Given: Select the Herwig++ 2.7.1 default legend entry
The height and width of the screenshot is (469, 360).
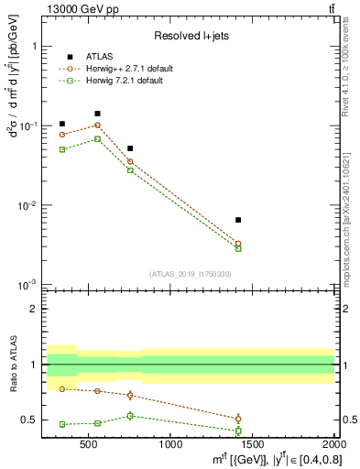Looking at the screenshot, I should (x=128, y=69).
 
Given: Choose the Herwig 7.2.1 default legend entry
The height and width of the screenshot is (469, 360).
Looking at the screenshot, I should (x=125, y=81).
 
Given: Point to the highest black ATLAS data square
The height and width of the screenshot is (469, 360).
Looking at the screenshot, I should (x=97, y=114).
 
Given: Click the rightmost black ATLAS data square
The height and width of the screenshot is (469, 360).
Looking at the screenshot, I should (x=238, y=220).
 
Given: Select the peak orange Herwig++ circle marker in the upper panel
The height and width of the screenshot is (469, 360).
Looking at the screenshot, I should (x=97, y=125).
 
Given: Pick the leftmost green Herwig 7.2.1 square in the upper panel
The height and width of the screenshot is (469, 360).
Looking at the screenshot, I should (x=62, y=149).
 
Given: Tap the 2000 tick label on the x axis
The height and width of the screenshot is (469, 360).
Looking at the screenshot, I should (x=333, y=444).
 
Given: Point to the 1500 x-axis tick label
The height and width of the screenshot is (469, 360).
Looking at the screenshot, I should (x=252, y=444).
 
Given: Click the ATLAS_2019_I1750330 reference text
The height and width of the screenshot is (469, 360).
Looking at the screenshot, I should (x=191, y=273).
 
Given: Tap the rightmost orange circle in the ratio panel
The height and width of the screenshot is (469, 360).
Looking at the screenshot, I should (x=238, y=419).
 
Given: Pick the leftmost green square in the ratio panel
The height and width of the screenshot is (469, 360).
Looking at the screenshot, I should (x=62, y=424).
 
